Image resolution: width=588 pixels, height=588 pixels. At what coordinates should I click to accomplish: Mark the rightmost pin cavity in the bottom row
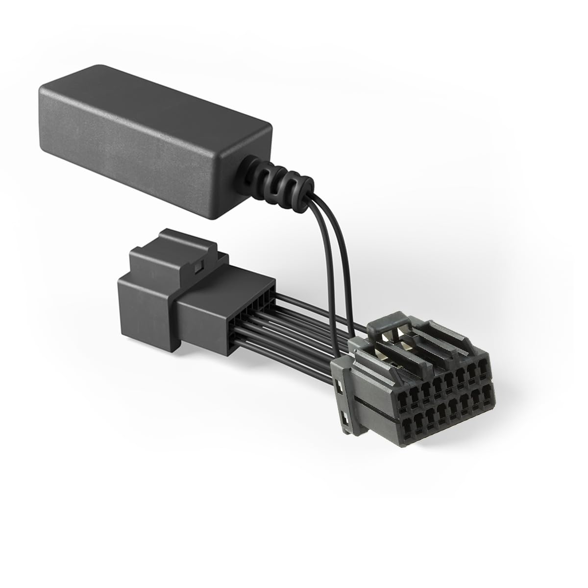pos(486,392)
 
